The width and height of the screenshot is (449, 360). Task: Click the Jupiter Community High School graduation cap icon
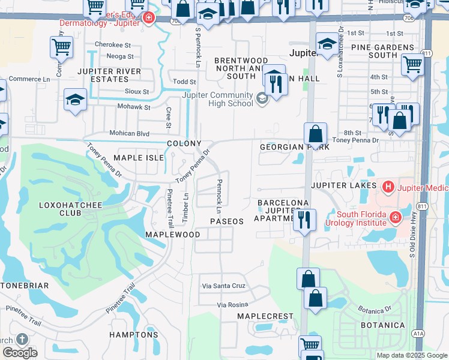261,98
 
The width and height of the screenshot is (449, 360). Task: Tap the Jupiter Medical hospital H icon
388,188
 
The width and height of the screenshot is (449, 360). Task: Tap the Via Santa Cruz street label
224,287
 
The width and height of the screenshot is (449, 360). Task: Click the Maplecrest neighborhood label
265,316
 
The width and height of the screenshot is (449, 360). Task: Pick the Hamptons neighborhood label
134,335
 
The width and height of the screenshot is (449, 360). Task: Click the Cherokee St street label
112,45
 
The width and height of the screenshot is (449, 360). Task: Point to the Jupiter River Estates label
109,76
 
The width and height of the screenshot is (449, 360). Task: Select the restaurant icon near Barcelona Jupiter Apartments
305,220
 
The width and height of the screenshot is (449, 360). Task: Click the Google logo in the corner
20,353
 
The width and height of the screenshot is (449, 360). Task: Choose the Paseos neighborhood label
227,221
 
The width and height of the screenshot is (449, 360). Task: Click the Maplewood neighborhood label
173,235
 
